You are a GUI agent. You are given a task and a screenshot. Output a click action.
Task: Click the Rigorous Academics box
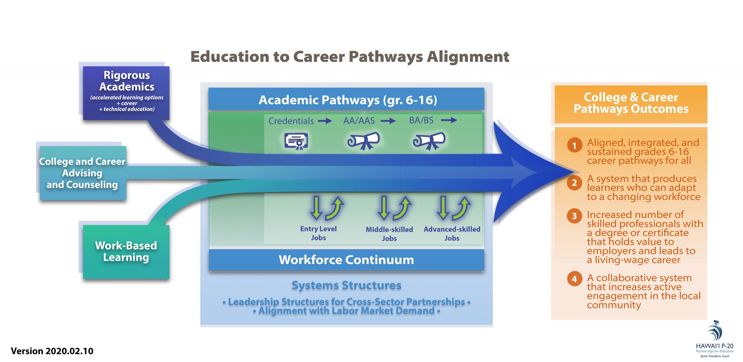click(126, 93)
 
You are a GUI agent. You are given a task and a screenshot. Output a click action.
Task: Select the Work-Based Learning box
click(126, 252)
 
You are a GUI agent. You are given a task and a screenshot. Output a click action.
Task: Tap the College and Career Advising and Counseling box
click(82, 173)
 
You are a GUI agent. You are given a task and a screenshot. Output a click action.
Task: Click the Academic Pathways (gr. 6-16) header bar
click(346, 99)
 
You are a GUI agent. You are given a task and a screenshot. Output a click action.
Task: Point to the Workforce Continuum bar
click(346, 260)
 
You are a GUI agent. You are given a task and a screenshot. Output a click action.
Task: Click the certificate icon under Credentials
click(296, 141)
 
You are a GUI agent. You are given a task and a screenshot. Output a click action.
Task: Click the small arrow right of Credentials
click(325, 121)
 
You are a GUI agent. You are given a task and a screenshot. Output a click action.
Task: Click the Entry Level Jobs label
click(318, 233)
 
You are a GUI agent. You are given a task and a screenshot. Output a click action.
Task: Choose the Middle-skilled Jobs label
click(389, 234)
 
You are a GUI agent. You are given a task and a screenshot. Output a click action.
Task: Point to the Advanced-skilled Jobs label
click(452, 233)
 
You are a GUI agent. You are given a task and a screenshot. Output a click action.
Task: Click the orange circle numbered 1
click(574, 145)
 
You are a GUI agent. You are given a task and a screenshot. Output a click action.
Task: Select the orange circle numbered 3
click(574, 216)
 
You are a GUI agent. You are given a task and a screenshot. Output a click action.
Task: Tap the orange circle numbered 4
click(574, 279)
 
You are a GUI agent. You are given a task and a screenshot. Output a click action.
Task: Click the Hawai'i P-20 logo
click(715, 339)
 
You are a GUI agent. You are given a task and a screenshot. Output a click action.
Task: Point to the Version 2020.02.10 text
click(52, 351)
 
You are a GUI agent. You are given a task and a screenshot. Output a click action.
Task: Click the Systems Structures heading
click(346, 285)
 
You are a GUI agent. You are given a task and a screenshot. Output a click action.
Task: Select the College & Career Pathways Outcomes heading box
click(631, 103)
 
